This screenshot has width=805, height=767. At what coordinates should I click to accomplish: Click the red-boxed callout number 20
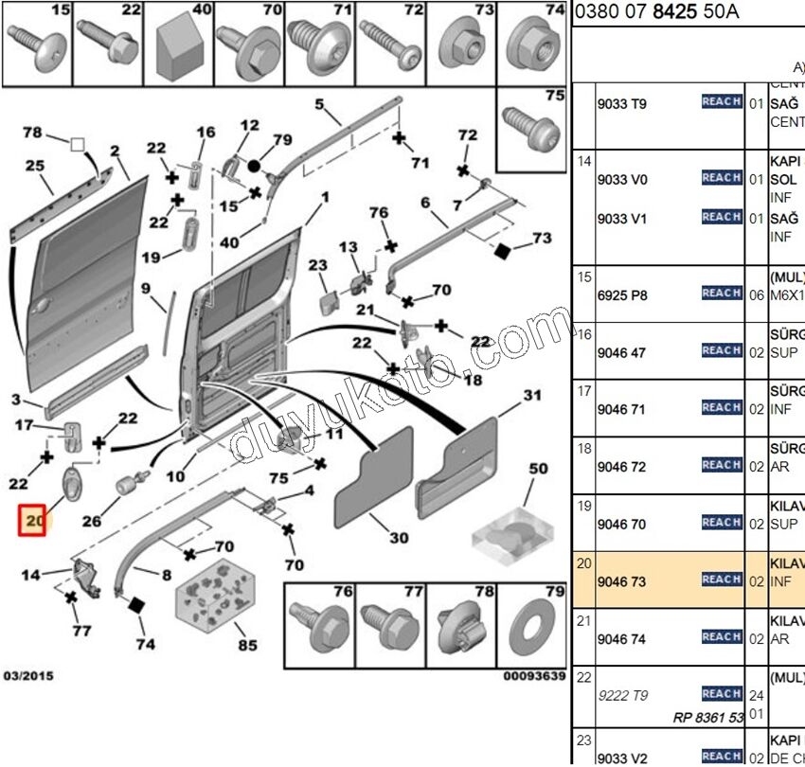(33, 520)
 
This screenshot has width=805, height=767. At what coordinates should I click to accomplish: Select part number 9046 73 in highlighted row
(620, 581)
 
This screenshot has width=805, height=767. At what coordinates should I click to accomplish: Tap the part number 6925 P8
(620, 295)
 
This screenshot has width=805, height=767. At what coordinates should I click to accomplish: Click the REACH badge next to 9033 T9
(721, 102)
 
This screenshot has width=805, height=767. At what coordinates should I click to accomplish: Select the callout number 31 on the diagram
(532, 396)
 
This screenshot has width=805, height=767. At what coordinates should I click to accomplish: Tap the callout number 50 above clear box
(538, 470)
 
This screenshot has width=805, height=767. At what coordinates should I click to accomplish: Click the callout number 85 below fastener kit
(247, 647)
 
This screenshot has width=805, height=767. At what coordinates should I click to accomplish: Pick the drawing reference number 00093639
(534, 676)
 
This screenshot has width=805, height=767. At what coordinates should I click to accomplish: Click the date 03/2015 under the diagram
(28, 676)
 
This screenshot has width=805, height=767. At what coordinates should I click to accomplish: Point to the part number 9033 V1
(620, 218)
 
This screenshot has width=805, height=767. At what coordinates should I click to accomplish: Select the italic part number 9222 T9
(622, 696)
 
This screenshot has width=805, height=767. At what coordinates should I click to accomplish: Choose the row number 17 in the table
(584, 390)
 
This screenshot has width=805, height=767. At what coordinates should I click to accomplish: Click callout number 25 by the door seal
(34, 167)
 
